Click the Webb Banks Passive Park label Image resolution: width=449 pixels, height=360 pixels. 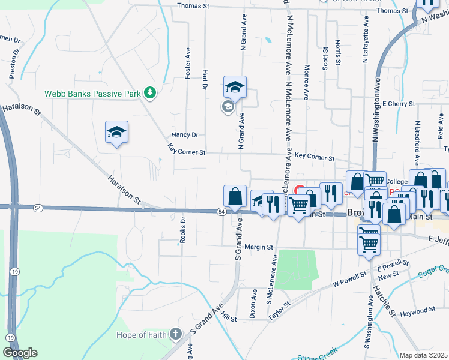(x=92, y=94)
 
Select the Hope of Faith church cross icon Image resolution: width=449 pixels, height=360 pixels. (x=175, y=334)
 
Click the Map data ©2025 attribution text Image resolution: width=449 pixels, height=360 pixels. (x=423, y=355)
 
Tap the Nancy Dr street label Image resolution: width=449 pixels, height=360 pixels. (x=184, y=135)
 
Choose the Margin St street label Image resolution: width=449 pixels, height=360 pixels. (x=259, y=247)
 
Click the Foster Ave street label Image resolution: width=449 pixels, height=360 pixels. (x=188, y=63)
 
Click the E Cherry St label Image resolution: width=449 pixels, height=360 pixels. (x=398, y=104)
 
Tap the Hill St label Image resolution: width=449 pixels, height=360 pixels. (x=229, y=316)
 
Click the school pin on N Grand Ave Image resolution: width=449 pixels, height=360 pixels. (x=235, y=87)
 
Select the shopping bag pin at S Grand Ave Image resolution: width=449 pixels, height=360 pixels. (x=235, y=196)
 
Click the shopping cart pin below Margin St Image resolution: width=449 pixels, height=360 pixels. (x=367, y=242)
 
